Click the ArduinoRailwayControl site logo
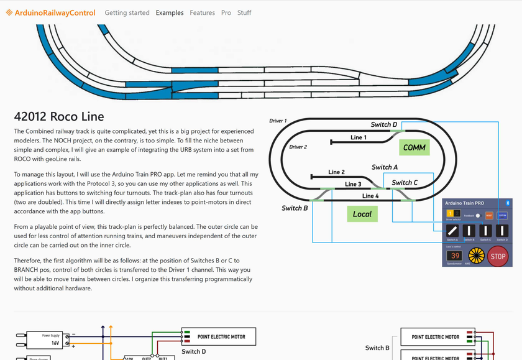pos(51,12)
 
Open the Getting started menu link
pos(127,12)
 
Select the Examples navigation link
pos(170,12)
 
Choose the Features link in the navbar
pos(202,12)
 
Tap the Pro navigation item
pos(226,12)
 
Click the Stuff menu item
pos(244,12)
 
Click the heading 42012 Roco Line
pos(59,117)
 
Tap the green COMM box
pos(414,147)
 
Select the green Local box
pos(362,214)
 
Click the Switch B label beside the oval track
pos(295,208)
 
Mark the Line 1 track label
pos(359,137)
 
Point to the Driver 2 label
pos(298,147)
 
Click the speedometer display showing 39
pos(455,256)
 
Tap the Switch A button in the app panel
pos(452,231)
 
